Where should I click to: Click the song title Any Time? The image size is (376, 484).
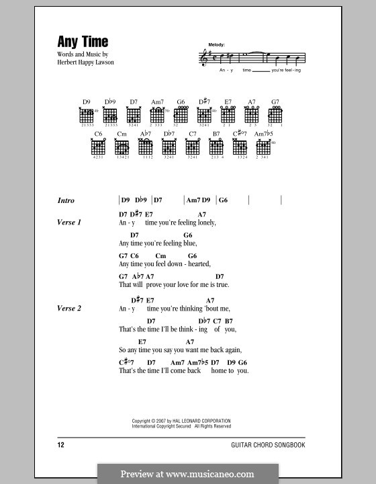[74, 41]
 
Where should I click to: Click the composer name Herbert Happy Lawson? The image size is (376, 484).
[84, 64]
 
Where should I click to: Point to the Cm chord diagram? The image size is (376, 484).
[122, 147]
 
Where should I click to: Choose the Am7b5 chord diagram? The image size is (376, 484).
[263, 147]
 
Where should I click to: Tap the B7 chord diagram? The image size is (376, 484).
[216, 147]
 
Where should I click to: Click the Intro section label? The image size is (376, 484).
[66, 200]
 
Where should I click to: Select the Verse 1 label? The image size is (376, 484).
[69, 222]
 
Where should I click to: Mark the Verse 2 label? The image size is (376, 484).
[69, 309]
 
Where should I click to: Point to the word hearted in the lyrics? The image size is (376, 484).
[197, 264]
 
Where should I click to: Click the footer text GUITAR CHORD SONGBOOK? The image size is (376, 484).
[279, 445]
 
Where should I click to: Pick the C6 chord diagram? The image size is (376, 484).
[99, 147]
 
